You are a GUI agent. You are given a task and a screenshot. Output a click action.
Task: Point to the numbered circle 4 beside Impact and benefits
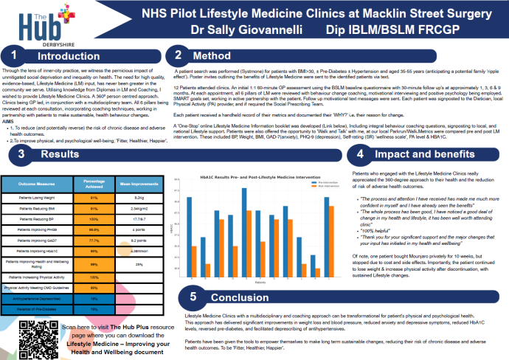pos(359,134)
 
